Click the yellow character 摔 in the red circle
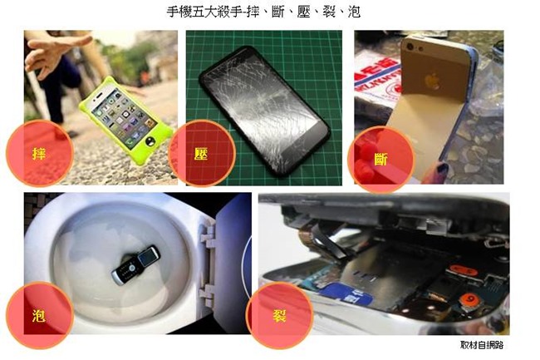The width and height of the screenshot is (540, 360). [x=39, y=153]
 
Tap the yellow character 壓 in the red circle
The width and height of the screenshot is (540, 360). [x=201, y=153]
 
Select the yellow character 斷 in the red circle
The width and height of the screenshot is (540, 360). [x=380, y=159]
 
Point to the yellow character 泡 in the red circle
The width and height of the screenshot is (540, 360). [x=38, y=315]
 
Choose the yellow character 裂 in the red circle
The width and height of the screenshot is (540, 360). [x=279, y=315]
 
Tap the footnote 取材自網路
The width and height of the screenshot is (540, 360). [x=482, y=345]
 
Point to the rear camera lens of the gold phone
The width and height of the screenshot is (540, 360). [x=410, y=47]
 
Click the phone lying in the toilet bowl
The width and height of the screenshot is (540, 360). [x=136, y=264]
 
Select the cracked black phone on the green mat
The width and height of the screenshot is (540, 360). [x=264, y=111]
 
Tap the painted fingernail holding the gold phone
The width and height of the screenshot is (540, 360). [x=442, y=169]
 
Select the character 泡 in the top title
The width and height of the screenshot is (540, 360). [x=354, y=12]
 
